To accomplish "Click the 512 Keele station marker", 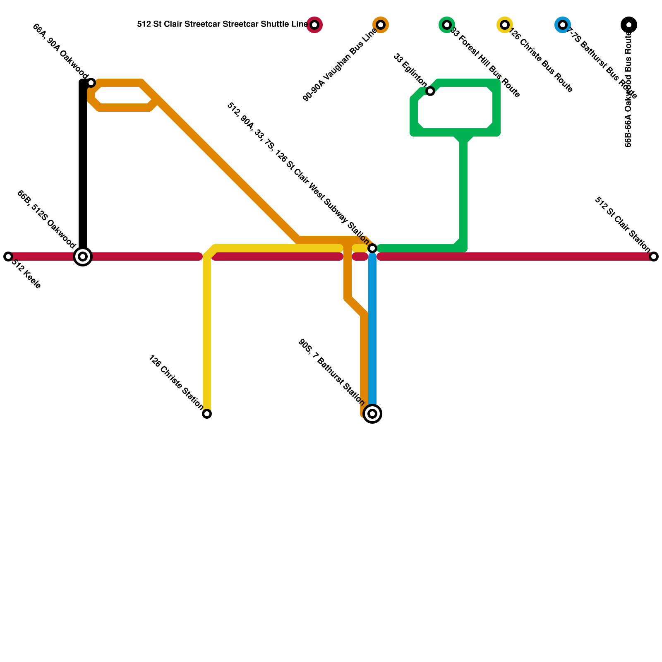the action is coord(8,257).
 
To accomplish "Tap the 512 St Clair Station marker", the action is coord(654,257).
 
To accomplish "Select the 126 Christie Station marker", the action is coord(207,414).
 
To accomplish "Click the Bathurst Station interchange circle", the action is coord(372,414).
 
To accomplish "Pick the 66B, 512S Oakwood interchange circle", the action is coord(83,257).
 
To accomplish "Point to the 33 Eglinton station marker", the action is coord(430,91).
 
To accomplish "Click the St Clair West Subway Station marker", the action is coord(372,248).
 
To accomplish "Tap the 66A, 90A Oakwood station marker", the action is coord(91,83).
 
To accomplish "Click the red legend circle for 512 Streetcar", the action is coord(314,25).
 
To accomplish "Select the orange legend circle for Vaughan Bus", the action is coord(381,25).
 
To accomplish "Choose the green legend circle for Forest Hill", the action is coord(447,25).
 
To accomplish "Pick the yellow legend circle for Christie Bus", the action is coord(505,25).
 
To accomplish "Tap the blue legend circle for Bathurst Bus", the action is coord(563,25).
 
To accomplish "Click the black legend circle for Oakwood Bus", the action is coord(629,25).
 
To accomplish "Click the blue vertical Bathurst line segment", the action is coord(372,331).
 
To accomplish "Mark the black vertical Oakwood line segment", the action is coord(83,165).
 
